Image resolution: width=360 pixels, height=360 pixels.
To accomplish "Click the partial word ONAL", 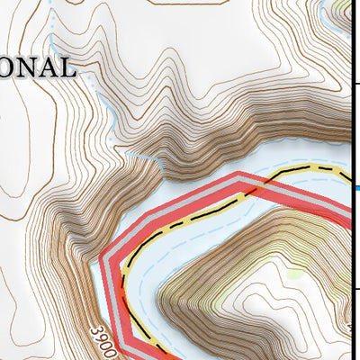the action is tap(37, 67).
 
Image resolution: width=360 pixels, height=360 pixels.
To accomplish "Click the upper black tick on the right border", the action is tap(355, 84).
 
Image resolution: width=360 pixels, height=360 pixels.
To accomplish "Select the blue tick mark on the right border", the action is tap(355, 187).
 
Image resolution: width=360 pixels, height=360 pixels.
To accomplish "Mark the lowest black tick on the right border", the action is tap(355, 290).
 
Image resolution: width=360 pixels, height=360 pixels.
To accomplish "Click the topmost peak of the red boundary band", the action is tap(238, 176).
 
